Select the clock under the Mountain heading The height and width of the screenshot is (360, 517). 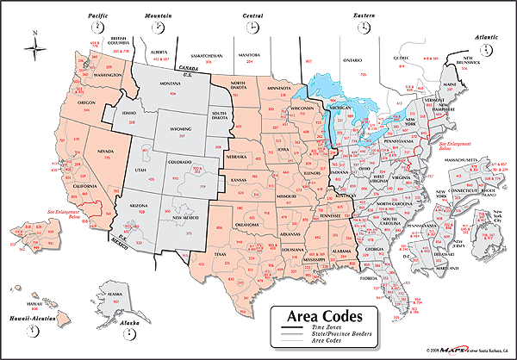[159, 28]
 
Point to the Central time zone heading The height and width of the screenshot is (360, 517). [252, 15]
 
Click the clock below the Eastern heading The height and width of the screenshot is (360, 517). [361, 28]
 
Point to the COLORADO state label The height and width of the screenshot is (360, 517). [179, 162]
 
